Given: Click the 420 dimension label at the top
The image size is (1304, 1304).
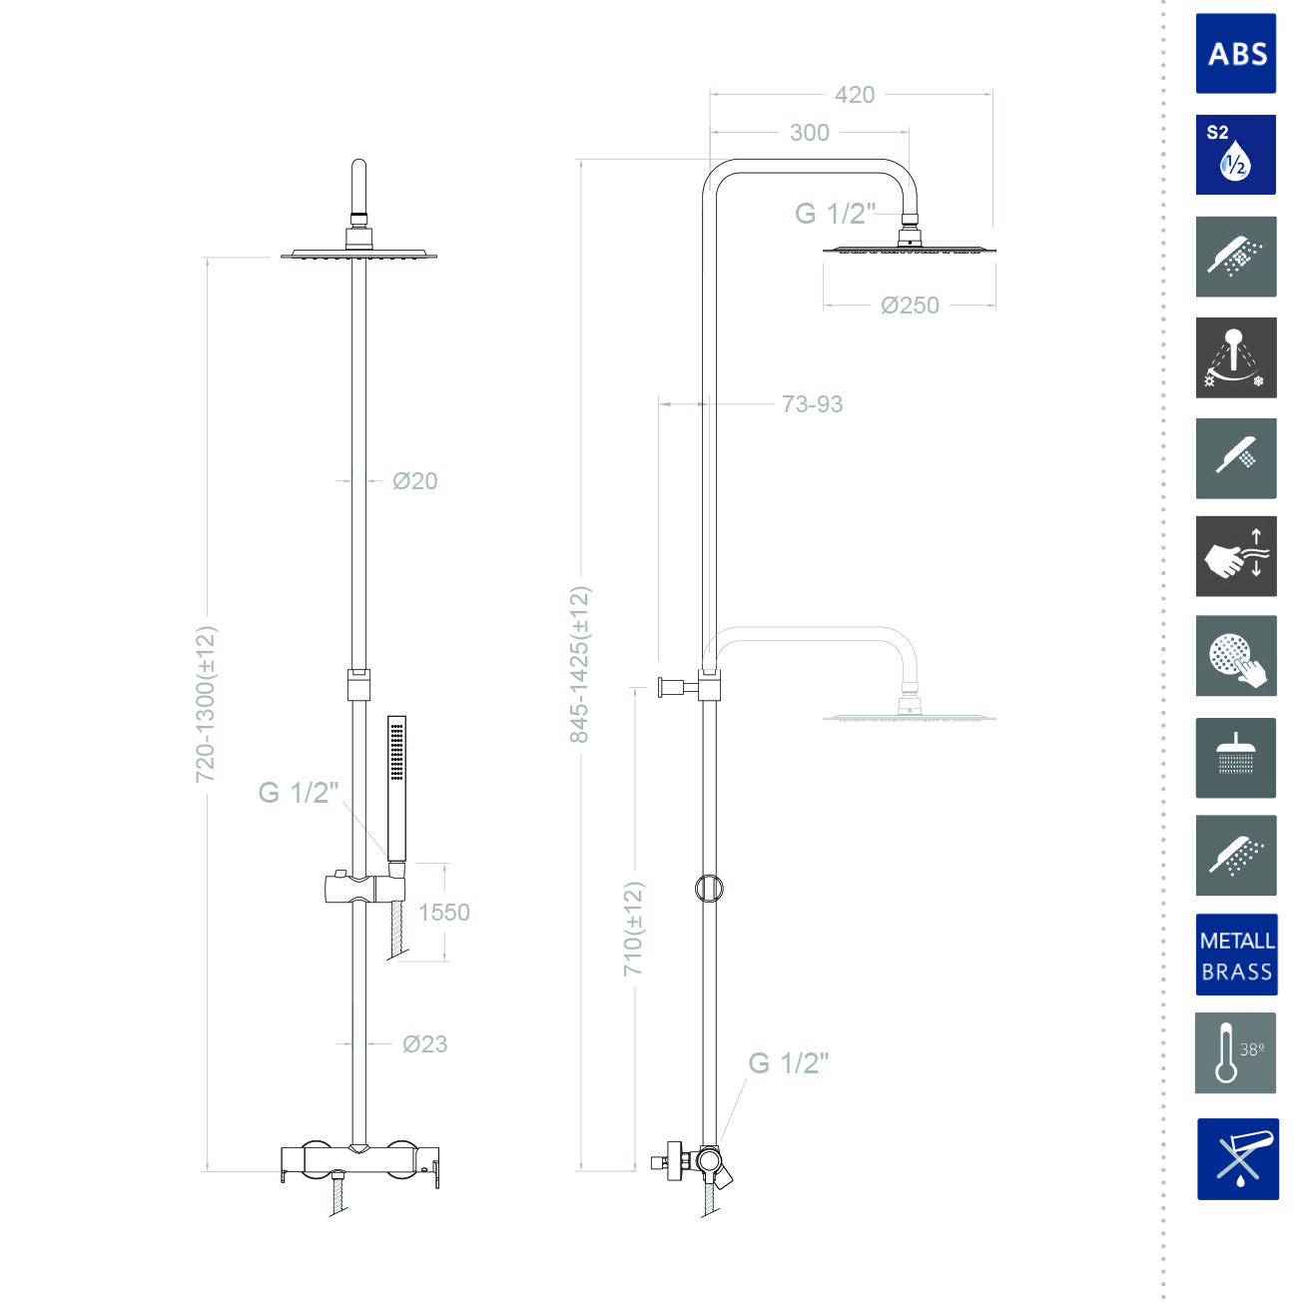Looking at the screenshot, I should (x=855, y=95).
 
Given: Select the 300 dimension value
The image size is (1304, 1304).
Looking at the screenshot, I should (x=809, y=133).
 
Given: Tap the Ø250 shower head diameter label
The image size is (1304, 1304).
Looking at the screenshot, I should (x=910, y=306).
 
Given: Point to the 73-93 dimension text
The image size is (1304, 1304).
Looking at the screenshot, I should (x=812, y=404).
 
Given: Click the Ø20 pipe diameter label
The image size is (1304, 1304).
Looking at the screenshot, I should (x=414, y=481).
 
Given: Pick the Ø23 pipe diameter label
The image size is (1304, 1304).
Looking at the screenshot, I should (x=424, y=1044).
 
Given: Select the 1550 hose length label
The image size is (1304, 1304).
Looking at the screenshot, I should (x=443, y=913).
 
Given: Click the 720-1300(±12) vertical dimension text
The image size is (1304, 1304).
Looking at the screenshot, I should (x=206, y=704).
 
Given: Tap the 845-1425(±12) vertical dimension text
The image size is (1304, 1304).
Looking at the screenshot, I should (x=579, y=664).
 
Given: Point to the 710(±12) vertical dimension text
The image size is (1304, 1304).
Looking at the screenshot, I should (x=634, y=929).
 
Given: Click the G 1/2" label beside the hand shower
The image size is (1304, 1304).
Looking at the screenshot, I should (x=299, y=793).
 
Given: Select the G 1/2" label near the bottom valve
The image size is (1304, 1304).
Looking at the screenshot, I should (x=789, y=1063).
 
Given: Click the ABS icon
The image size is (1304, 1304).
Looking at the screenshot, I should (x=1236, y=54).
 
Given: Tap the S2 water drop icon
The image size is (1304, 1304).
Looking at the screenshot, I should (x=1236, y=155).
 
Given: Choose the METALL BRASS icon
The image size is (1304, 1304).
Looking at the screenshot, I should (x=1236, y=956).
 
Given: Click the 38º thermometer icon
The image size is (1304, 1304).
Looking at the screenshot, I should (x=1236, y=1052).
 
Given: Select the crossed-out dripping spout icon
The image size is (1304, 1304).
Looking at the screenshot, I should (x=1237, y=1159).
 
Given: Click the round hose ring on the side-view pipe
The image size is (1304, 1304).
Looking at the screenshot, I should (x=709, y=888).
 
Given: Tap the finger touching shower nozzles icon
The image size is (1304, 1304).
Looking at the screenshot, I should (x=1236, y=656).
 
